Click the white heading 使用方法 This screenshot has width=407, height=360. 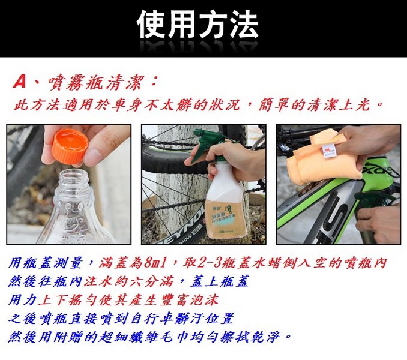[x=197, y=25]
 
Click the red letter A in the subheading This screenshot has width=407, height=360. [x=20, y=82]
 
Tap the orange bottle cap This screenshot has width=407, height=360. [x=70, y=146]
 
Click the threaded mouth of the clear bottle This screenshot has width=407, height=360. [x=73, y=179]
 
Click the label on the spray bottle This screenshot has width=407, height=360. [x=224, y=217]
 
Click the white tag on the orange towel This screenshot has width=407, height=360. [x=328, y=151]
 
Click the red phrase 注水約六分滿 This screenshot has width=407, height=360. [x=128, y=281]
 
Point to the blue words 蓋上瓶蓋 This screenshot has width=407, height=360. [x=220, y=281]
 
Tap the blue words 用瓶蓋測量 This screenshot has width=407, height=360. [x=46, y=263]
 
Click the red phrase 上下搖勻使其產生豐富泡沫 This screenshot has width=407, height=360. [x=128, y=300]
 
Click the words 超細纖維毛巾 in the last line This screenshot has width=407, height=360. [x=144, y=337]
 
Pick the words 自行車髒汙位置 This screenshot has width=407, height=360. [x=181, y=319]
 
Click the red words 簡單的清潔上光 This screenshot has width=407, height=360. [x=314, y=105]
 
